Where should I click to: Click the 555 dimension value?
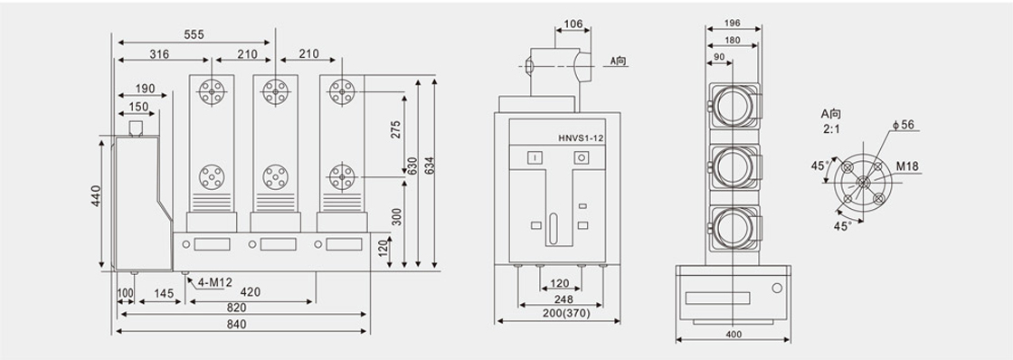point(194,35)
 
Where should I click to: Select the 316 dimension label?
point(159,54)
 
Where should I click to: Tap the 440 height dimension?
point(96,196)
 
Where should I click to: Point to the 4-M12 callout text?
point(214,282)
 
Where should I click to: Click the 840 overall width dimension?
point(236,325)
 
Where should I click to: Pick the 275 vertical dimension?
point(397,129)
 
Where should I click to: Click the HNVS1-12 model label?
point(580,137)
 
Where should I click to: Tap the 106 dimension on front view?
point(573,24)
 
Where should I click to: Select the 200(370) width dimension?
point(558,312)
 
